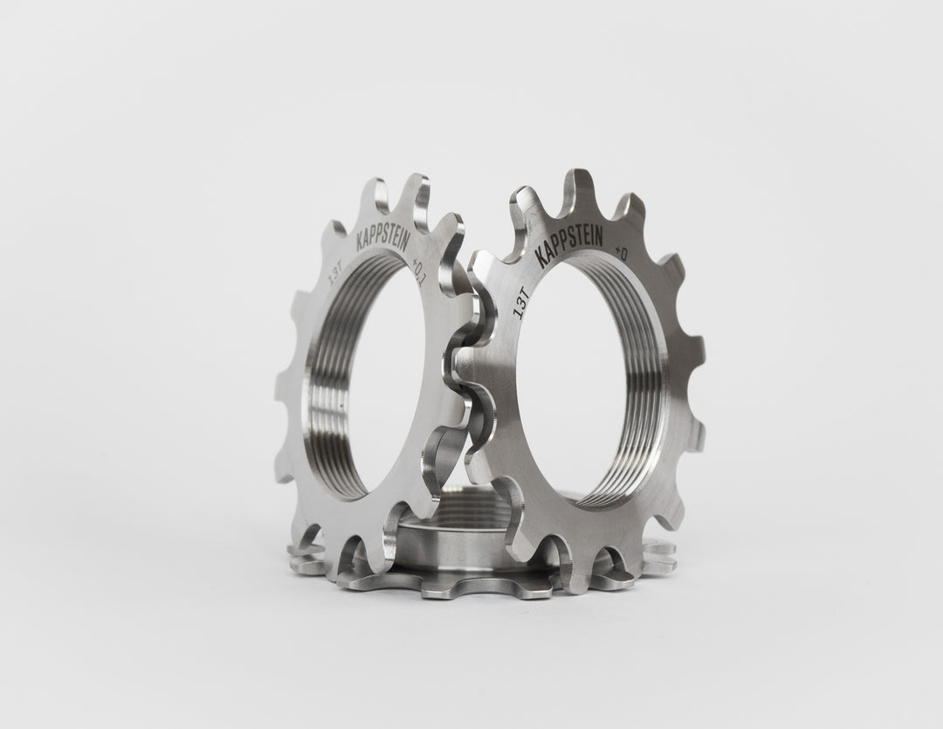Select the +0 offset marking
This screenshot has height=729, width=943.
(624, 254)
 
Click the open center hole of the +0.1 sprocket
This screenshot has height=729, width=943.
(384, 384)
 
